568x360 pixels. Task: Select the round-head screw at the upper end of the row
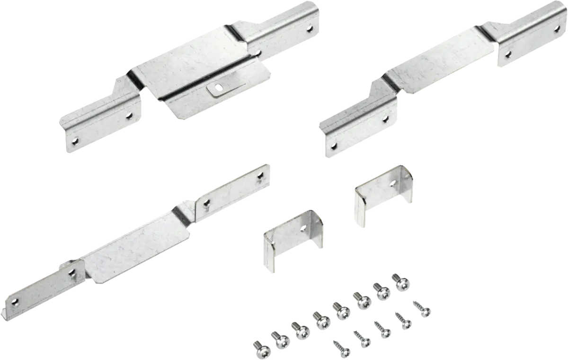pyautogui.click(x=402, y=282)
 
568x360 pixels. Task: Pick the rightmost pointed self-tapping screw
pyautogui.click(x=422, y=308)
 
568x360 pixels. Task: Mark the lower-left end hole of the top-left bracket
pyautogui.click(x=73, y=140)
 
